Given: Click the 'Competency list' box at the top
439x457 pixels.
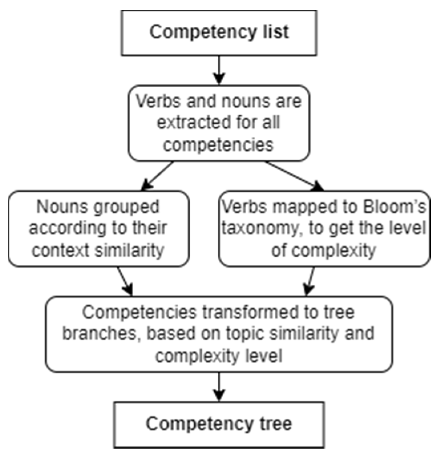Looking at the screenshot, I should point(219,33).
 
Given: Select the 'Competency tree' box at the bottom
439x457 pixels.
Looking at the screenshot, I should point(219,424).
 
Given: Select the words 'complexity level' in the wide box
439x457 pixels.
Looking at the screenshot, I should point(219,356).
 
